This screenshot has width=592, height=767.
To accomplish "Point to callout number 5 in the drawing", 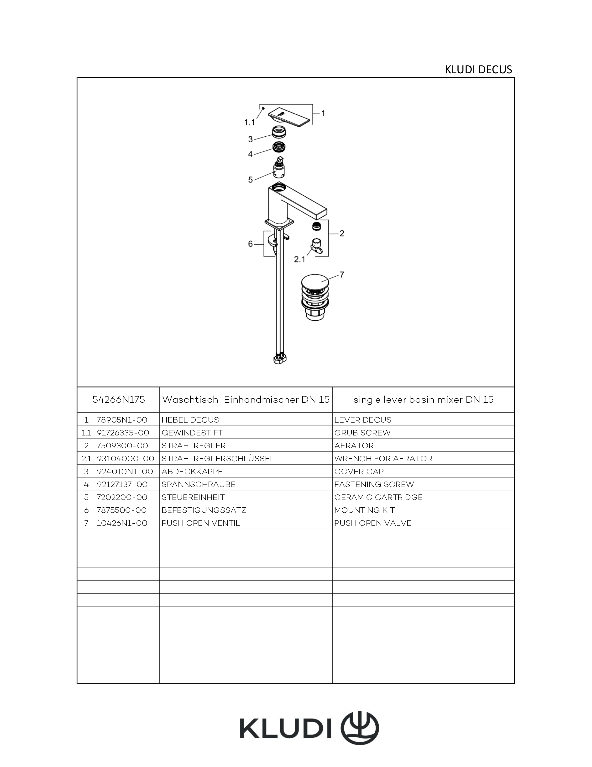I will click(250, 180).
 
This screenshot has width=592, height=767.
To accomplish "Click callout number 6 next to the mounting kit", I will click(250, 244).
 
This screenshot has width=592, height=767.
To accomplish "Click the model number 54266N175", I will click(118, 400).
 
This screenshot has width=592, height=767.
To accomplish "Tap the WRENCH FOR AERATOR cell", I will click(383, 458).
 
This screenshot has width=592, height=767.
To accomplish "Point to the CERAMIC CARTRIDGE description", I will click(378, 497).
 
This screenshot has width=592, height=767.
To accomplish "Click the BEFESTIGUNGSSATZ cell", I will click(204, 510).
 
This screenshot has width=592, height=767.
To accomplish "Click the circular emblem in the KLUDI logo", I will click(360, 727).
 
